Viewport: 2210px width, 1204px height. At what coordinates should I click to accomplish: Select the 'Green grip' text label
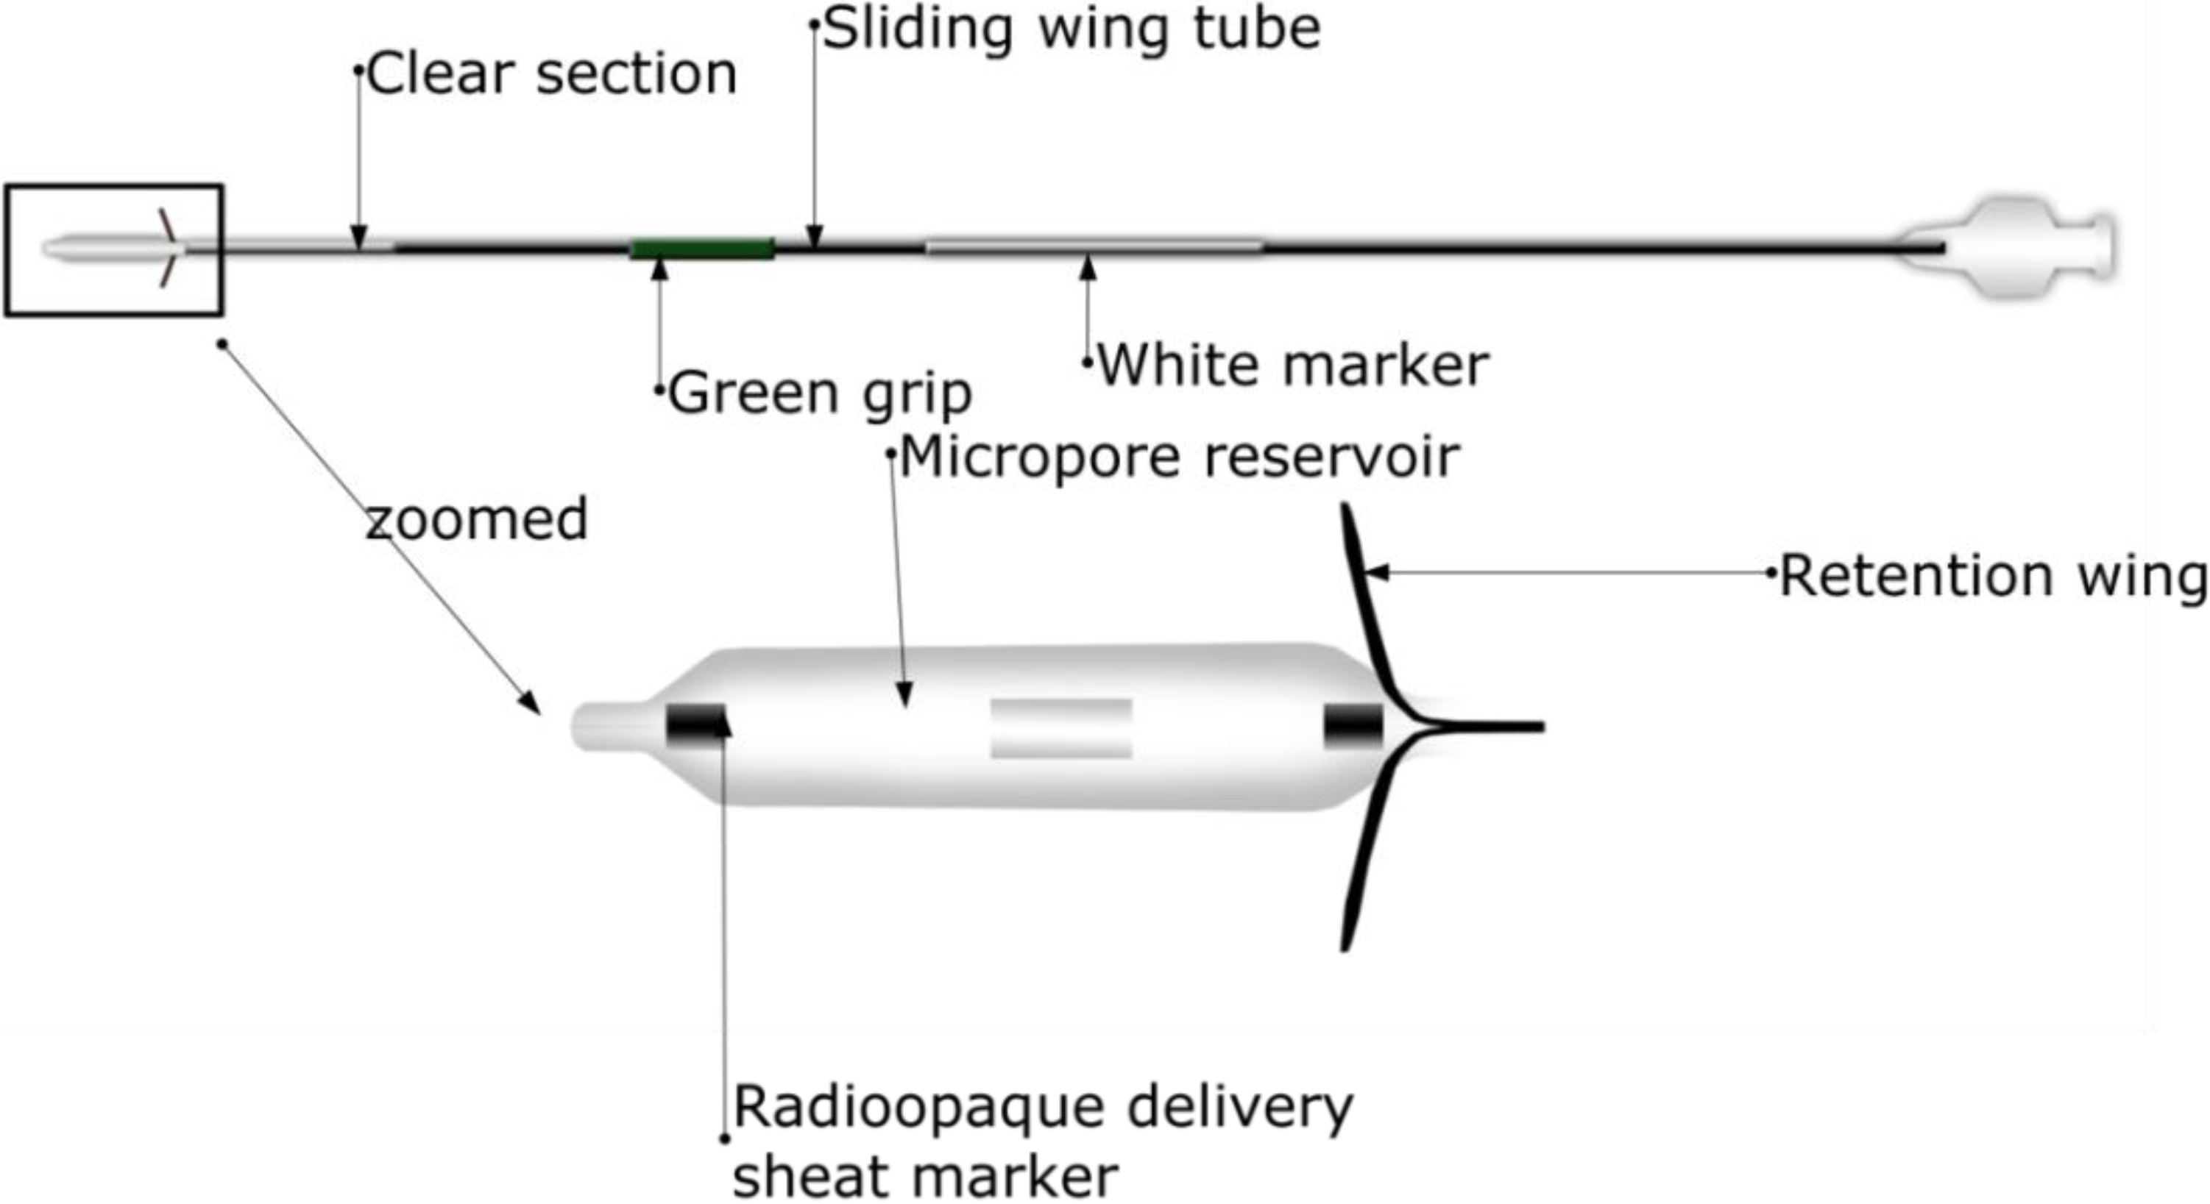coord(819,393)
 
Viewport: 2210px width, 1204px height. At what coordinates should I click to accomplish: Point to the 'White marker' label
coord(1293,366)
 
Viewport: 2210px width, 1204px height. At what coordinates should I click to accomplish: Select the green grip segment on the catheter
coord(703,249)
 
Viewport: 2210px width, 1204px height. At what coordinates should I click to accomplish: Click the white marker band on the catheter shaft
coord(1094,248)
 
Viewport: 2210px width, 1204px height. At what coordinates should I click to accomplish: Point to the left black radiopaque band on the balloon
coord(695,725)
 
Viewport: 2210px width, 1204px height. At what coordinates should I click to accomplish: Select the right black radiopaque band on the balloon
coord(1353,725)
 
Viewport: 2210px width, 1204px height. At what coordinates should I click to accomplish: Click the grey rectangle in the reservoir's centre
coord(1061,728)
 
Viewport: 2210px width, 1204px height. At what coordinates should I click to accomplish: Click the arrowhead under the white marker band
coord(1088,268)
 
